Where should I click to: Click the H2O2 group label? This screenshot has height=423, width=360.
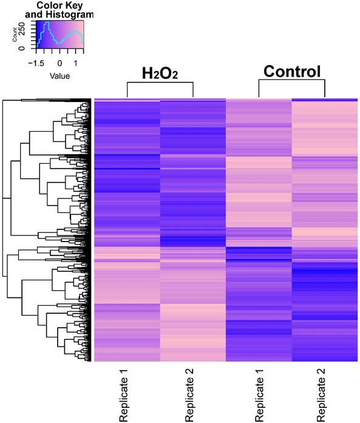[x=160, y=74]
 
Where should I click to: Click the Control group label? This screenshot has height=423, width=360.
[x=291, y=72]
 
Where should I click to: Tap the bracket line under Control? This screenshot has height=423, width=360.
[x=291, y=81]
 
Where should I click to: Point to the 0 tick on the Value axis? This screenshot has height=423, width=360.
[x=59, y=63]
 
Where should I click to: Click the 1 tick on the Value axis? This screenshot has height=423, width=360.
[x=75, y=63]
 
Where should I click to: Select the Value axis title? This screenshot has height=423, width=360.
[x=59, y=76]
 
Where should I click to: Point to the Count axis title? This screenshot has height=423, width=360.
[x=15, y=36]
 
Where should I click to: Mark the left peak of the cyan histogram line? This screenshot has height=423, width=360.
[x=44, y=24]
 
